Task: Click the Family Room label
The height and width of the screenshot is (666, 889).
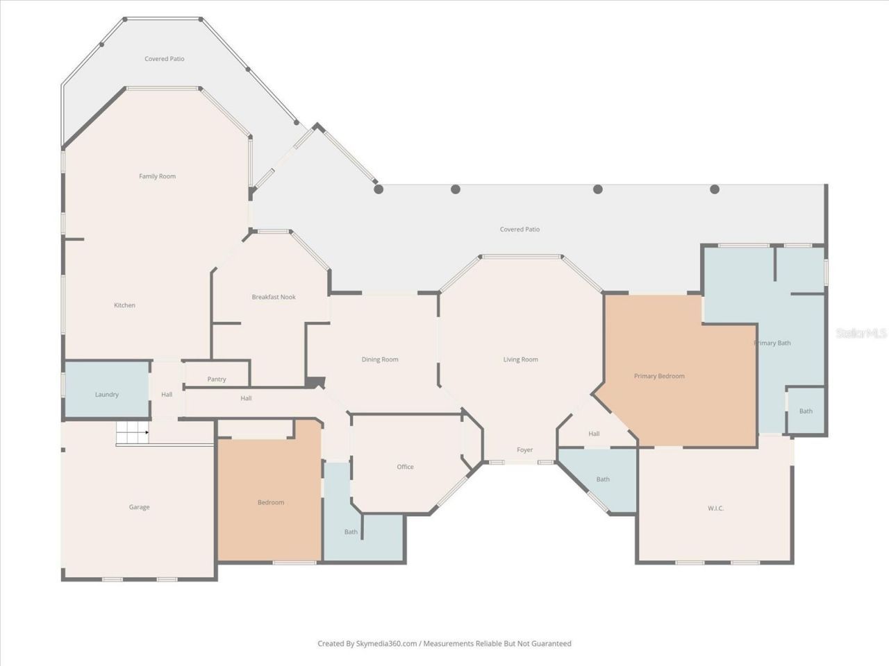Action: pyautogui.click(x=157, y=176)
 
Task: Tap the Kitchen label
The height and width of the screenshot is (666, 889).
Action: pyautogui.click(x=124, y=305)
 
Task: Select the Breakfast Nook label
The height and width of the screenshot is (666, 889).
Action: pyautogui.click(x=274, y=297)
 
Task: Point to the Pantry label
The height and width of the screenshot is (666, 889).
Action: pyautogui.click(x=216, y=379)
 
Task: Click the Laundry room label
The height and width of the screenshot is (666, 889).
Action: pyautogui.click(x=106, y=394)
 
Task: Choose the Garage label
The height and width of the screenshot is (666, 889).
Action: pyautogui.click(x=139, y=507)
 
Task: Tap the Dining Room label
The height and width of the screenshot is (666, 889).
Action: pyautogui.click(x=379, y=359)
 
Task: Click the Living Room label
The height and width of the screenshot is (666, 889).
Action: pyautogui.click(x=520, y=359)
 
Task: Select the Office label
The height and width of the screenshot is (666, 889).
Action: pyautogui.click(x=405, y=467)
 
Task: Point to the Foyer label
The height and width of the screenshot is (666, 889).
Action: pyautogui.click(x=524, y=450)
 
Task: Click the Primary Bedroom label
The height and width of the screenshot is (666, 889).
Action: pyautogui.click(x=659, y=376)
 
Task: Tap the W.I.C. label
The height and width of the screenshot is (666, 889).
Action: pyautogui.click(x=715, y=509)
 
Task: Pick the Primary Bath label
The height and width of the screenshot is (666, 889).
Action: pyautogui.click(x=772, y=343)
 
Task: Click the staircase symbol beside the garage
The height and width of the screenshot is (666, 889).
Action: pyautogui.click(x=133, y=432)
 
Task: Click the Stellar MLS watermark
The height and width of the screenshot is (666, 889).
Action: pyautogui.click(x=861, y=333)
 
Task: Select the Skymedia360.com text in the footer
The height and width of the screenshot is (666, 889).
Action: pyautogui.click(x=386, y=643)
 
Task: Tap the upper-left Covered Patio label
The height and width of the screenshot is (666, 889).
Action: pyautogui.click(x=164, y=59)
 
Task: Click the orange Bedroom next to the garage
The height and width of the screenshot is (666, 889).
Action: pyautogui.click(x=271, y=502)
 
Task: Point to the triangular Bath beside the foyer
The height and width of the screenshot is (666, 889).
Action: pyautogui.click(x=603, y=479)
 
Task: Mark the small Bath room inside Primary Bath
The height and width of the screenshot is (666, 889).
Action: pyautogui.click(x=806, y=411)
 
